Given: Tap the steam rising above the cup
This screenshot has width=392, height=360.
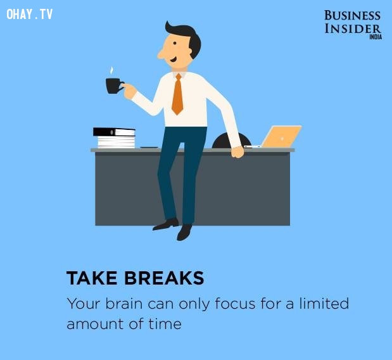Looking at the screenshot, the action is [x=111, y=70].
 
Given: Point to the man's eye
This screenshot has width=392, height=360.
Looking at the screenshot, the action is [x=175, y=43].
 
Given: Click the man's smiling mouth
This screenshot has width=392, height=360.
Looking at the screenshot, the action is [x=174, y=60].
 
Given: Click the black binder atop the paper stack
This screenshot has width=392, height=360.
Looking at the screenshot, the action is [x=114, y=132].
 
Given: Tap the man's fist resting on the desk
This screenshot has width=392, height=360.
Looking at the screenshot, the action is [x=237, y=152].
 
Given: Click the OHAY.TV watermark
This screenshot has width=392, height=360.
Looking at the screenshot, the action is [x=30, y=14].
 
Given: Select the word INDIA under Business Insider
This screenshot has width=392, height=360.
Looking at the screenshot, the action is [x=376, y=37].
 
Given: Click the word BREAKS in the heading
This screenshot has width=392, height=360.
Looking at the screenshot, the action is [x=164, y=278].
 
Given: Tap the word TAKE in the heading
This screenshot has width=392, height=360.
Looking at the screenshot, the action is [x=92, y=278].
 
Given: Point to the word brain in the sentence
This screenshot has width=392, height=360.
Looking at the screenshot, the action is [x=123, y=304].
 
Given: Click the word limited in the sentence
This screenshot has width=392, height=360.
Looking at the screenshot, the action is [x=324, y=303].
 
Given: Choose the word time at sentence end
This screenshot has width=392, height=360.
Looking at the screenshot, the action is [x=165, y=324].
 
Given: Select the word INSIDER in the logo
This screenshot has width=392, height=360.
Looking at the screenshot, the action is [x=353, y=29].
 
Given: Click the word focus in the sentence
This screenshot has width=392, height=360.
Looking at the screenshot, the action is [x=235, y=304].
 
